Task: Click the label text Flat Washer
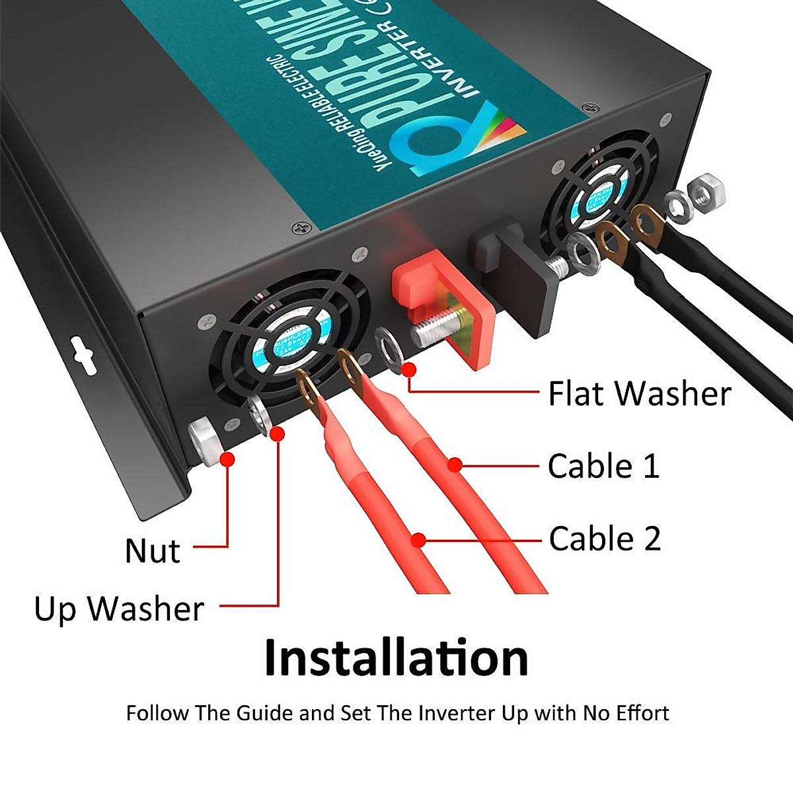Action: pos(639,394)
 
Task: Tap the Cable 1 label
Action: pos(603,466)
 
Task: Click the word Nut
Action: pos(152,550)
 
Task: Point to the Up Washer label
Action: pos(119,609)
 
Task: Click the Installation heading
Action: pos(396,658)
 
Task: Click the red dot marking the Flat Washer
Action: pos(410,369)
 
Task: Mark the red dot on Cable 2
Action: pos(418,541)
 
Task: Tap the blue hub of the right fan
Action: pos(598,192)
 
